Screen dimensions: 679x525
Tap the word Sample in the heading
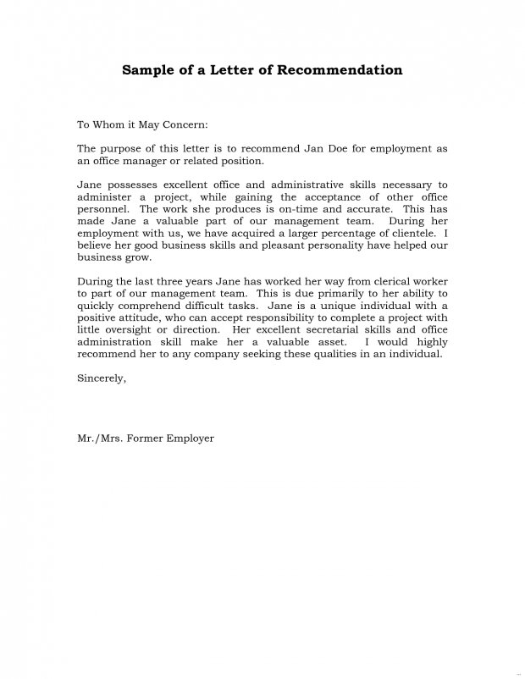pos(147,69)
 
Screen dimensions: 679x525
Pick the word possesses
pos(138,184)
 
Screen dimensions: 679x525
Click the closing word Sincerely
pos(102,378)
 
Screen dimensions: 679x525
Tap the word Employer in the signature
pos(191,439)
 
